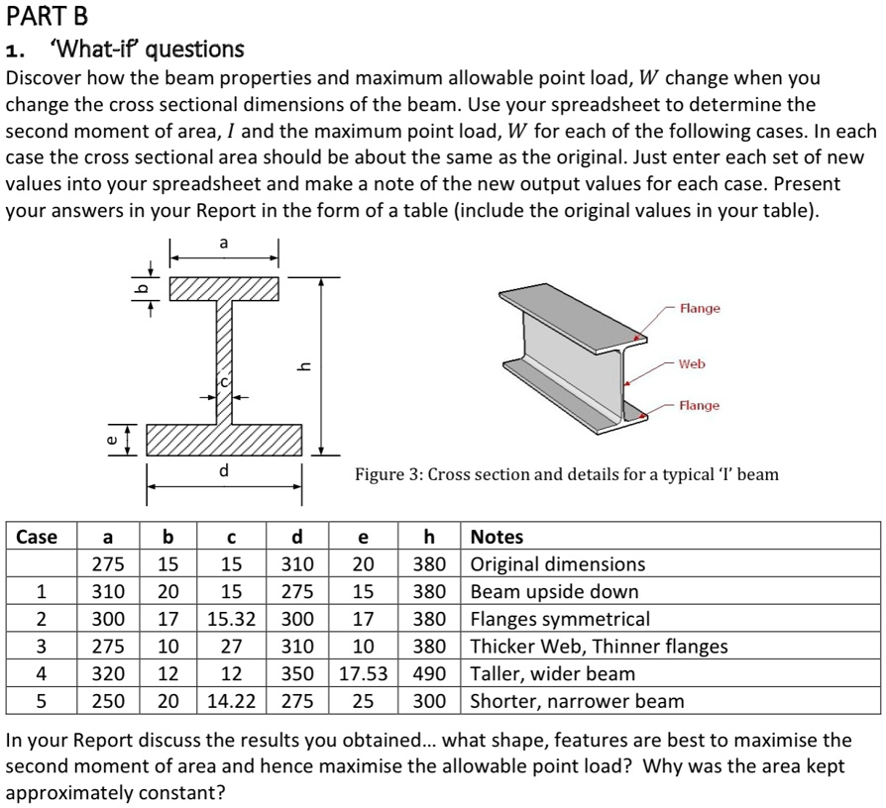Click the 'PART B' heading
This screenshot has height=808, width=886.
[x=47, y=17]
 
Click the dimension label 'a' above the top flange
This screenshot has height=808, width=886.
[x=223, y=243]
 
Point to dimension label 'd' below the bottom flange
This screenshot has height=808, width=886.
[x=225, y=470]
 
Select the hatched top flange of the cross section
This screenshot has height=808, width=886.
[x=224, y=288]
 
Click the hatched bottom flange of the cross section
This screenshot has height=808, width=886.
[x=224, y=439]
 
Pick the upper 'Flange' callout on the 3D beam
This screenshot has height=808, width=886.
[x=700, y=309]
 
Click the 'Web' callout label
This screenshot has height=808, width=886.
[x=692, y=363]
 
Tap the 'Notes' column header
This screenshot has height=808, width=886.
[x=497, y=537]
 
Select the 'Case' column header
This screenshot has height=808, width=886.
[x=37, y=537]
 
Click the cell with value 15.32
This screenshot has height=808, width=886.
[x=231, y=619]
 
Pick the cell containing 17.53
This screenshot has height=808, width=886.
[x=363, y=673]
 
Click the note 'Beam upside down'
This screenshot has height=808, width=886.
[x=554, y=592]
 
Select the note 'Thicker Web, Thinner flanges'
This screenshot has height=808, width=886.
[x=599, y=647]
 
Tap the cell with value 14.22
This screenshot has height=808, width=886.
[x=231, y=701]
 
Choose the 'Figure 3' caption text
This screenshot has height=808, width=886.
[x=567, y=474]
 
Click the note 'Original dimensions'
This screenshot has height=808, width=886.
[x=557, y=564]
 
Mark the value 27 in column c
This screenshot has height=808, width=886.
[x=231, y=647]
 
